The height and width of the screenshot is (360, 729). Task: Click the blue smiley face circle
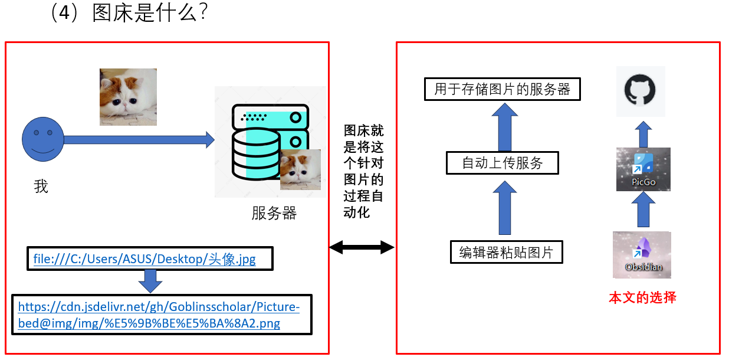click(x=42, y=139)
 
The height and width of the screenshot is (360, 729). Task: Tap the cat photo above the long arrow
click(x=128, y=97)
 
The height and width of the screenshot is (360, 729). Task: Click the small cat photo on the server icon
click(x=300, y=169)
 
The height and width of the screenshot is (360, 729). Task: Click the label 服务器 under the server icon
click(x=274, y=213)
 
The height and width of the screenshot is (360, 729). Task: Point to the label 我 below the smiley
click(x=41, y=186)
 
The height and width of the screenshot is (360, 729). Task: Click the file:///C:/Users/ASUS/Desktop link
click(x=145, y=259)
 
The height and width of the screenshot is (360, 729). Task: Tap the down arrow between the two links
click(x=150, y=281)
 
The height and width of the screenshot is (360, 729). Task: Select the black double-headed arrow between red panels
click(x=362, y=247)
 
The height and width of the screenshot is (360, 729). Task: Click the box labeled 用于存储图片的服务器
click(x=503, y=89)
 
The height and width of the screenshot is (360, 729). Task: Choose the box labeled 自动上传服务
click(x=502, y=162)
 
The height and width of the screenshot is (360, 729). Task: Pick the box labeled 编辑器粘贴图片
click(x=506, y=253)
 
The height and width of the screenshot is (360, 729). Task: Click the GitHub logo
click(x=641, y=91)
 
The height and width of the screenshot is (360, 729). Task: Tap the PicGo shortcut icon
click(x=643, y=169)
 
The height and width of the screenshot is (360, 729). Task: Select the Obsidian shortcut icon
click(x=642, y=254)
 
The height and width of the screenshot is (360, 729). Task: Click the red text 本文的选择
click(x=642, y=297)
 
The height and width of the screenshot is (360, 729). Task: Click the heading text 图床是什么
click(x=150, y=13)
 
